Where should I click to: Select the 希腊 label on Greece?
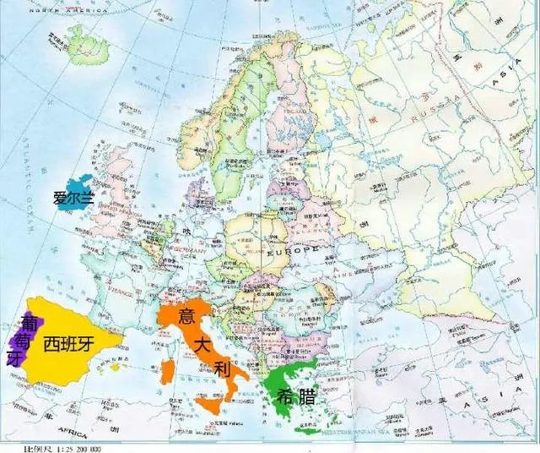(290, 395)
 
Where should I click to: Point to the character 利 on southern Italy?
(222, 369)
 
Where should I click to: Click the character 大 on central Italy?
(202, 344)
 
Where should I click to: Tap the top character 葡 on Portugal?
(29, 322)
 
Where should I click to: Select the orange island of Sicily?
(212, 404)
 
